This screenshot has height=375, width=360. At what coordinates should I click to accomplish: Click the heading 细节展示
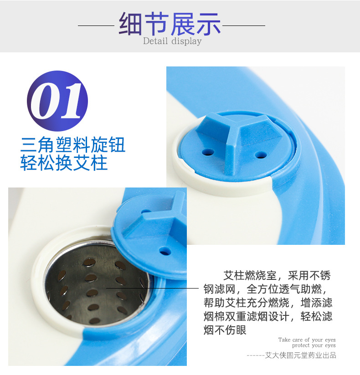pos(170,24)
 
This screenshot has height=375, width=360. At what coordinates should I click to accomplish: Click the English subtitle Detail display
pos(172,41)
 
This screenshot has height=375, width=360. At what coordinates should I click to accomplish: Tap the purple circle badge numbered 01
pos(57,101)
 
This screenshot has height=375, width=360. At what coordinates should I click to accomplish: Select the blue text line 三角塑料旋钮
pos(73,145)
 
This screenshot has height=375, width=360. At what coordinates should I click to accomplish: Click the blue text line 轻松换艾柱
pos(64,163)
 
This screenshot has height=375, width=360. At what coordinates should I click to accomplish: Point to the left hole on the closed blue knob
pos(208,152)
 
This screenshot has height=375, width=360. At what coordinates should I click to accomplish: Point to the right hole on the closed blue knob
pos(261,155)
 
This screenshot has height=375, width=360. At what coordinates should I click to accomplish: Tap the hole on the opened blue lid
pos(165,251)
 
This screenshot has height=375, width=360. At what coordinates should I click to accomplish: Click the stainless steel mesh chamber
pos(96,284)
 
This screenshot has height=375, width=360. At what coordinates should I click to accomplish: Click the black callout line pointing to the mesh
pos(152,288)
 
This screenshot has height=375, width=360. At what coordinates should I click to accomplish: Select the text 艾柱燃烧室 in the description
pos(250,275)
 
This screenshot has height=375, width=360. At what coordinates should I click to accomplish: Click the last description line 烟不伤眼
pos(225,330)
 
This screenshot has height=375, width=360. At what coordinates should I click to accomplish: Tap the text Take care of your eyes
pos(307,340)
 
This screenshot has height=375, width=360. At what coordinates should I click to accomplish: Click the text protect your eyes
pos(314,345)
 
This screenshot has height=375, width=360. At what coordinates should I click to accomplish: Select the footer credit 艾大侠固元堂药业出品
pos(301,355)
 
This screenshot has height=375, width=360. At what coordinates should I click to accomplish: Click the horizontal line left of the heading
pos(96,25)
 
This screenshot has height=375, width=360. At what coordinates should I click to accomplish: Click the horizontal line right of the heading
pos(244,25)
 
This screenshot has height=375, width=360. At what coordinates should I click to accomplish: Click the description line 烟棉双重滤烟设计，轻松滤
pos(268,316)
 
